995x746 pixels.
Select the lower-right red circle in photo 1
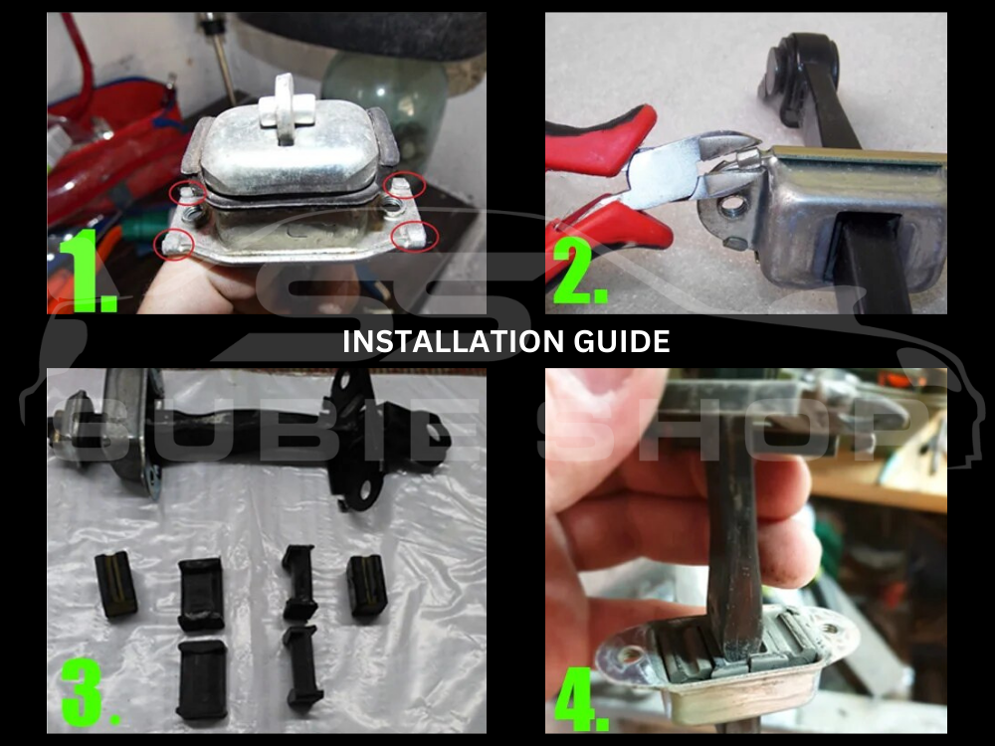(x=409, y=236)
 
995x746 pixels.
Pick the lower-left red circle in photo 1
(x=173, y=243)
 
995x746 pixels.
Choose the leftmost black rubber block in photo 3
(x=115, y=585)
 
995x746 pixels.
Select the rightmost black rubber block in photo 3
(x=366, y=586)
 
